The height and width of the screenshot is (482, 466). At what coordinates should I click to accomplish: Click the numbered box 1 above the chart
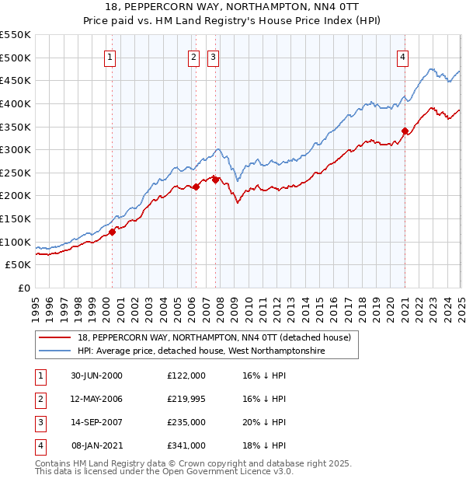pyautogui.click(x=110, y=57)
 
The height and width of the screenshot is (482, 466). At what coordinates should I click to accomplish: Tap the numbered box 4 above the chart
pyautogui.click(x=403, y=57)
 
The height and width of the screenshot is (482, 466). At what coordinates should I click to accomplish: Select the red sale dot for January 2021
pyautogui.click(x=405, y=131)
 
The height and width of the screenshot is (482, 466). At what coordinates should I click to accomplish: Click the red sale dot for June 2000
pyautogui.click(x=112, y=231)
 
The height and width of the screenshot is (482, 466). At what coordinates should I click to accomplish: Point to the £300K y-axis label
pyautogui.click(x=16, y=149)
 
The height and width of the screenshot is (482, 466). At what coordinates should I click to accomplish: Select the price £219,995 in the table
pyautogui.click(x=186, y=399)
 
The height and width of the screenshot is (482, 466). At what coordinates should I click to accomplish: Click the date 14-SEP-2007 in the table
pyautogui.click(x=97, y=422)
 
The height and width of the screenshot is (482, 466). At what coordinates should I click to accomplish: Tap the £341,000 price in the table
pyautogui.click(x=186, y=445)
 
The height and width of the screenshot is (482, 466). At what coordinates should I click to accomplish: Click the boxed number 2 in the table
pyautogui.click(x=39, y=399)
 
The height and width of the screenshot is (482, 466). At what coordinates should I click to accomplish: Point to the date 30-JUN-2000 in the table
pyautogui.click(x=96, y=375)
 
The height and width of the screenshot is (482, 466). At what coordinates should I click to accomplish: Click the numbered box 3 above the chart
pyautogui.click(x=213, y=57)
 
